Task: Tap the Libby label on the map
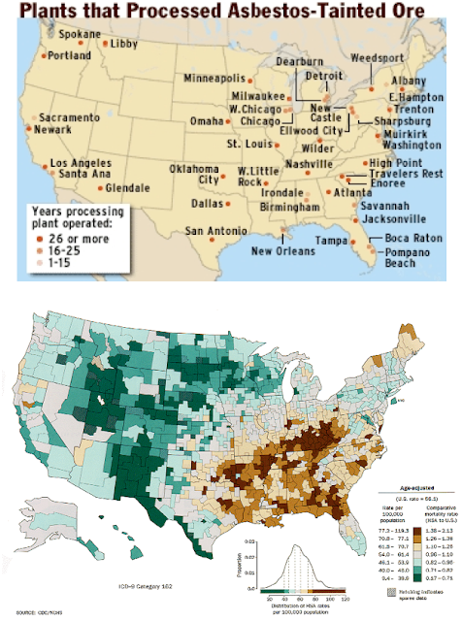124,45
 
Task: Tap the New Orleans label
282,251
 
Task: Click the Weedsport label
380,56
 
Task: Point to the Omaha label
206,121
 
